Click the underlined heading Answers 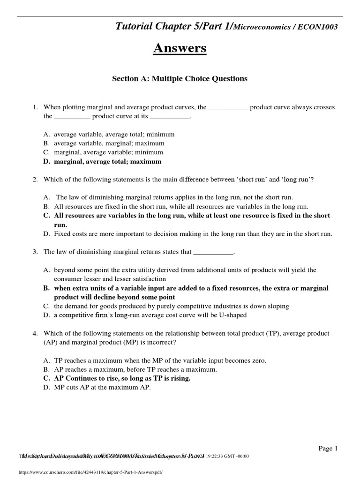click(x=180, y=48)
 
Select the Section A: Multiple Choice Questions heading click(x=180, y=79)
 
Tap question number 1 click(x=35, y=107)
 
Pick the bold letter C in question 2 click(x=46, y=216)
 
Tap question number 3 click(x=35, y=252)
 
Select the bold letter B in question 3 click(x=46, y=288)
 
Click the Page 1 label click(x=328, y=449)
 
